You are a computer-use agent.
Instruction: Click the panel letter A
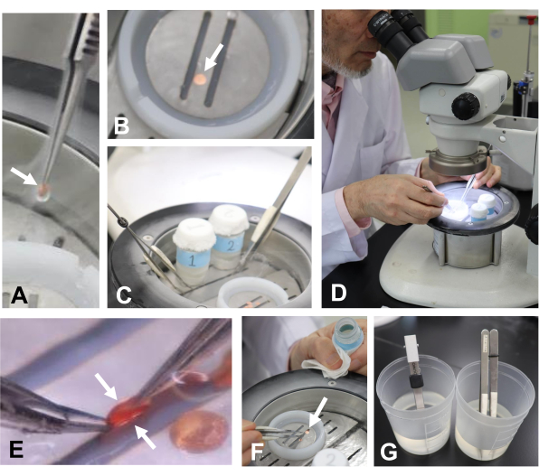click(x=19, y=295)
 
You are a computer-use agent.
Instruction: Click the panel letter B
click(x=121, y=126)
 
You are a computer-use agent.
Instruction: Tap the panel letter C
click(x=124, y=295)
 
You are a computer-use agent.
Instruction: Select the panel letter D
click(x=338, y=293)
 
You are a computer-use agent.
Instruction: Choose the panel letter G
click(x=389, y=452)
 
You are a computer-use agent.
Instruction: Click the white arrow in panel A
click(x=24, y=176)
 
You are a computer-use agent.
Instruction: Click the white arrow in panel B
click(x=213, y=57)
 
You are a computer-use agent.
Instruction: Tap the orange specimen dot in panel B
click(x=200, y=79)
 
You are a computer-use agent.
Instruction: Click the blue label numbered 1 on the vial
click(x=193, y=260)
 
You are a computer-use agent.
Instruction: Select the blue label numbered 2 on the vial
click(x=230, y=245)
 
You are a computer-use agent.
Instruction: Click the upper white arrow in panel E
click(x=107, y=387)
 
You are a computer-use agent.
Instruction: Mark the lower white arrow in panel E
click(x=145, y=437)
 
